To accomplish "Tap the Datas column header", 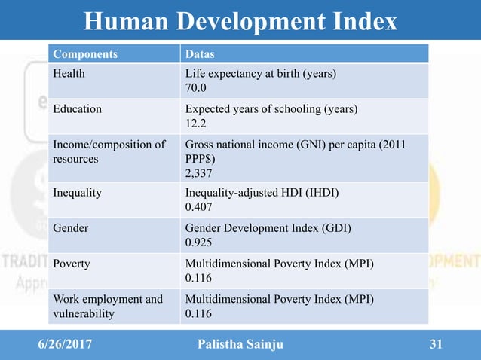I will coord(201,54).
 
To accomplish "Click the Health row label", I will coord(69,74).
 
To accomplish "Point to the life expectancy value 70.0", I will coord(196,88).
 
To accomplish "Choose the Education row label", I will coord(77,108).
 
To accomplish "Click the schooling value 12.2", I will coord(196,123).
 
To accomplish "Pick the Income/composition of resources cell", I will coord(109,152).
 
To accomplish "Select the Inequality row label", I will coord(77,192).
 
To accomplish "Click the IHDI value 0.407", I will coord(199,206).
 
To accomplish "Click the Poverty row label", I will coord(72,264).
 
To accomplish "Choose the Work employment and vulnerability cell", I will coord(107,307).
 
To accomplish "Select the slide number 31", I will coord(435,346).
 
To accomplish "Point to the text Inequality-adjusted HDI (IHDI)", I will coord(262,192).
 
